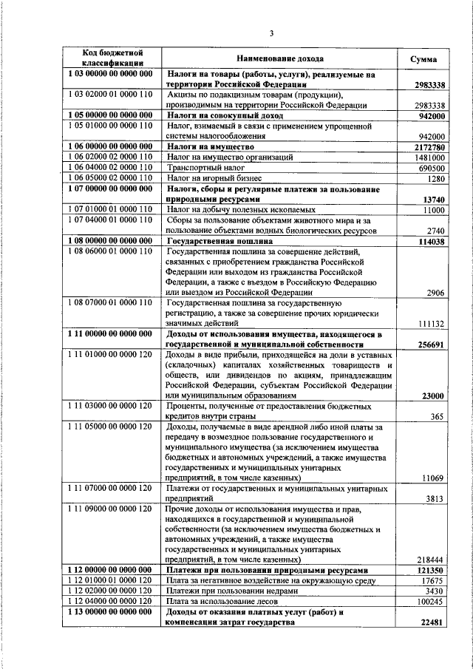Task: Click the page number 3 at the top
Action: pos(270,33)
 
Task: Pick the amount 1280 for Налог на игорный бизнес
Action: pos(435,179)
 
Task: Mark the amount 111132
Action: pos(429,324)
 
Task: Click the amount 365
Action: pos(437,416)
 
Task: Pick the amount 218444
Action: pos(429,560)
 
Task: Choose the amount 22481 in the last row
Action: pos(432,622)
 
